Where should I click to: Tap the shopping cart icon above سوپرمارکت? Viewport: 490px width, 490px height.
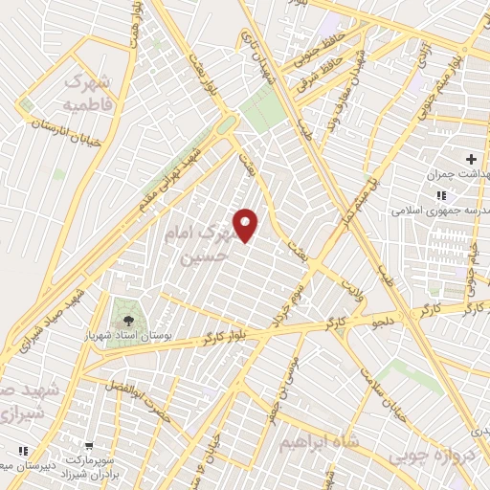tap(88, 447)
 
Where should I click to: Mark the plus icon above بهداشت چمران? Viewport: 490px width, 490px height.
tap(470, 158)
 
